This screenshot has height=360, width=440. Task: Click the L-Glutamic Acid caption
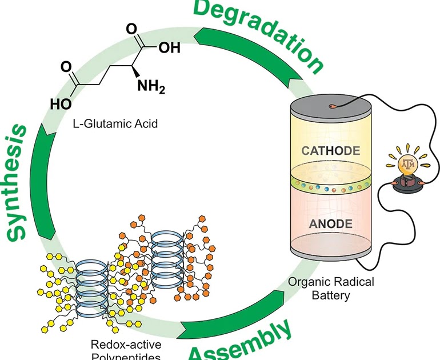(x=121, y=123)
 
